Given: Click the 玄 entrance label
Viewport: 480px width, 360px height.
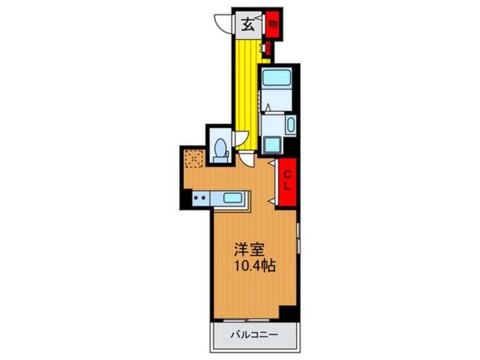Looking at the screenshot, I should pyautogui.click(x=249, y=24).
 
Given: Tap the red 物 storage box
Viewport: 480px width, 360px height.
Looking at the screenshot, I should pyautogui.click(x=273, y=24).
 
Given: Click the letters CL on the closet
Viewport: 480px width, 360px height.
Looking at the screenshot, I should pyautogui.click(x=288, y=180).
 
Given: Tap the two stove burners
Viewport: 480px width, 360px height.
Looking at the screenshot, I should pyautogui.click(x=199, y=199).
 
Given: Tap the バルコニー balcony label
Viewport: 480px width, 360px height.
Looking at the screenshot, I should pyautogui.click(x=254, y=335).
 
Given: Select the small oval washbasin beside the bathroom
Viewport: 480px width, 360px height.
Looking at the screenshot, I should pyautogui.click(x=291, y=124).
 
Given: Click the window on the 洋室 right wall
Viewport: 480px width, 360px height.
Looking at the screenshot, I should pyautogui.click(x=298, y=238).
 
